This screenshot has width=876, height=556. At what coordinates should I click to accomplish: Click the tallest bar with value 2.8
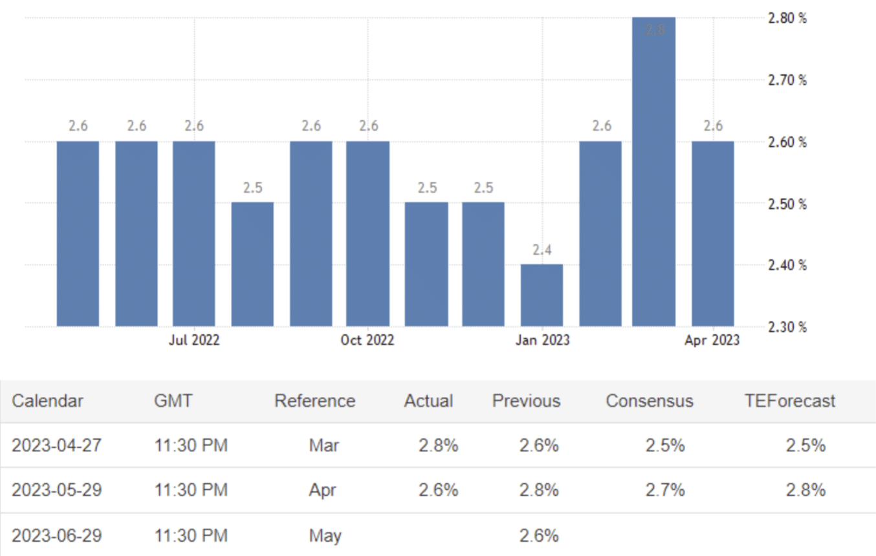point(653,171)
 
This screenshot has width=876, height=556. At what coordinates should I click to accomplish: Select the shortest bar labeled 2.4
point(542,295)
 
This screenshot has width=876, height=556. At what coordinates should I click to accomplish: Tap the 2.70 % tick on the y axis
point(787,80)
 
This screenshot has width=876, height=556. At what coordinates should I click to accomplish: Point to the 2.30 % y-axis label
point(787,326)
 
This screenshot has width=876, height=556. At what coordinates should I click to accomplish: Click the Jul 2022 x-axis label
point(193,340)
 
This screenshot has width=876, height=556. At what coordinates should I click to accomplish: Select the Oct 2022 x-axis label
point(367,340)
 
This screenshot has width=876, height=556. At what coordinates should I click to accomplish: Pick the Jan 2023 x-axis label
point(542,340)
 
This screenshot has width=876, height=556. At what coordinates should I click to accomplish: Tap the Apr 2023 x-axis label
point(712,340)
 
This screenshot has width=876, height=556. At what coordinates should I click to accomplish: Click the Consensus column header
point(649,401)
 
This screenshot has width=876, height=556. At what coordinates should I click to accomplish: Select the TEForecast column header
point(789,401)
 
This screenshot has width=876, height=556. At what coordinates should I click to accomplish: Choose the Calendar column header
point(47,401)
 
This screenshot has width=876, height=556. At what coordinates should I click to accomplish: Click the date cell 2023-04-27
point(56,445)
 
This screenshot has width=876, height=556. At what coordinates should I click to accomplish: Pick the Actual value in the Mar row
point(438,445)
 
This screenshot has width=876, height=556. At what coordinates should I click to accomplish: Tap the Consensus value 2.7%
point(664,490)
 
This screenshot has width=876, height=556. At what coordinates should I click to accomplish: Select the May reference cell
point(325,535)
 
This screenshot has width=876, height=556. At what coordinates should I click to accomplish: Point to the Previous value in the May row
point(538,535)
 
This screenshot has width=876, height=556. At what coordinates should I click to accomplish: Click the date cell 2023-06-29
point(56,535)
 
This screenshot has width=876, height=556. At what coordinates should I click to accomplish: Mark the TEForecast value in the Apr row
point(805,490)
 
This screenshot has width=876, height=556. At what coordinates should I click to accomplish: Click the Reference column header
point(314,401)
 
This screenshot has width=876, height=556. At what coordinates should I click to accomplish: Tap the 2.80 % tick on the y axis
point(787,19)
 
